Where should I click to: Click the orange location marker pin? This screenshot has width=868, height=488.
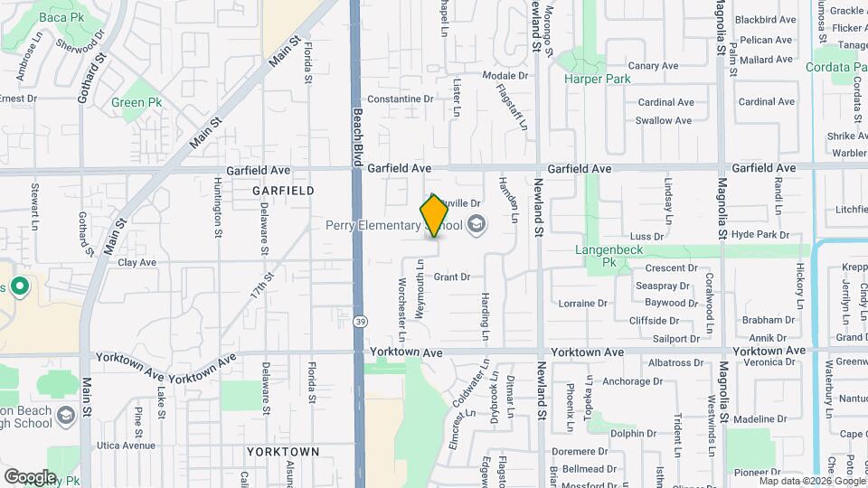coord(434,216)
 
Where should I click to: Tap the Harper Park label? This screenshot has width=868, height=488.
coord(597,80)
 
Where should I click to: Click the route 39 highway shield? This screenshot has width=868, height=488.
coord(361,322)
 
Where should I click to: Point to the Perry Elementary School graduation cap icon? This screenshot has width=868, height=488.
coord(476,225)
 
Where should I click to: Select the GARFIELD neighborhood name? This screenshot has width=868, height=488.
coord(284,192)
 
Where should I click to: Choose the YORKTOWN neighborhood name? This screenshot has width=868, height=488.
coord(283,451)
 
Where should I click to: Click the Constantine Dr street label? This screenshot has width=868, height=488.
coord(401,99)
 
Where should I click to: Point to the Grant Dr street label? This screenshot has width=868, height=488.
coord(452,277)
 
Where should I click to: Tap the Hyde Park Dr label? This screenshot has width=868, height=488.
coord(760,234)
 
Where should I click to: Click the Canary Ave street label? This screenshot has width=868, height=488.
coord(653,66)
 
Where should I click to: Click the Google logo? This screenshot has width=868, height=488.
coord(29,476)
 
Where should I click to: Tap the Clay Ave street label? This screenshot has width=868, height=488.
coord(137,262)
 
